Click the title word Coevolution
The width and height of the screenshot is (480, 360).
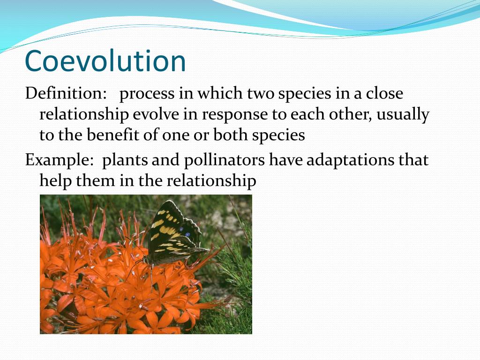[x=105, y=61]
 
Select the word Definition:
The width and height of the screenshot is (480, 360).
[x=66, y=93]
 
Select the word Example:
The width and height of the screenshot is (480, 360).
[x=60, y=161]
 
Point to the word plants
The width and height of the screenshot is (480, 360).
[x=124, y=161]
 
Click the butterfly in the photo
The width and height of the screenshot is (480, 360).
[x=173, y=234]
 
